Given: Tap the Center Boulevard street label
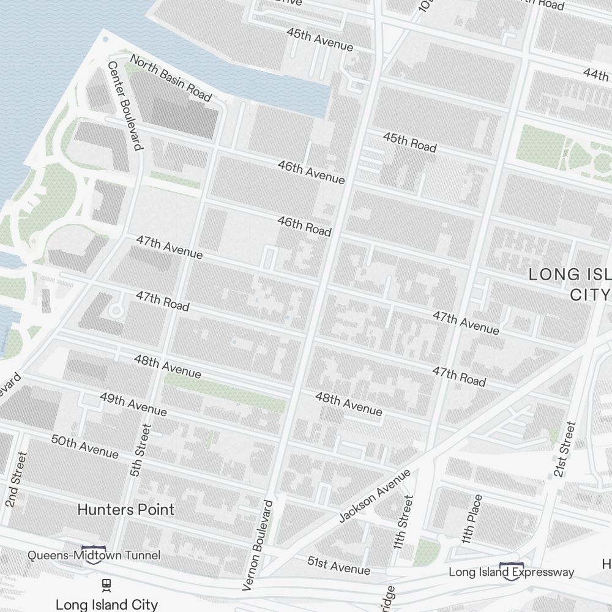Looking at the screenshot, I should (x=125, y=105).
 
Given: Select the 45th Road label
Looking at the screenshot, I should (x=409, y=142).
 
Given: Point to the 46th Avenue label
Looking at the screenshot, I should (x=311, y=172).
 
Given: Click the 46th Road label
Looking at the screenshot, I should (x=304, y=226).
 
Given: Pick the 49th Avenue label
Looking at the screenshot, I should (x=133, y=404).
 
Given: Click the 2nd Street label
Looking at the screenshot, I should (x=17, y=479).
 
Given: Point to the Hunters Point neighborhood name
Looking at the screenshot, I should (x=127, y=509).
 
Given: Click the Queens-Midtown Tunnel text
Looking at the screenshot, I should (x=94, y=555).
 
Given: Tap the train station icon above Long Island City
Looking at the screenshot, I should (x=106, y=585).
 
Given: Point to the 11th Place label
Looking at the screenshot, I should (x=472, y=519).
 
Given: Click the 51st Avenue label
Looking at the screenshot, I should (x=338, y=565).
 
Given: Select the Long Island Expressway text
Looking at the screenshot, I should (x=512, y=572).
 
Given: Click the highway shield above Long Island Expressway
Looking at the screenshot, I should (x=512, y=566).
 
